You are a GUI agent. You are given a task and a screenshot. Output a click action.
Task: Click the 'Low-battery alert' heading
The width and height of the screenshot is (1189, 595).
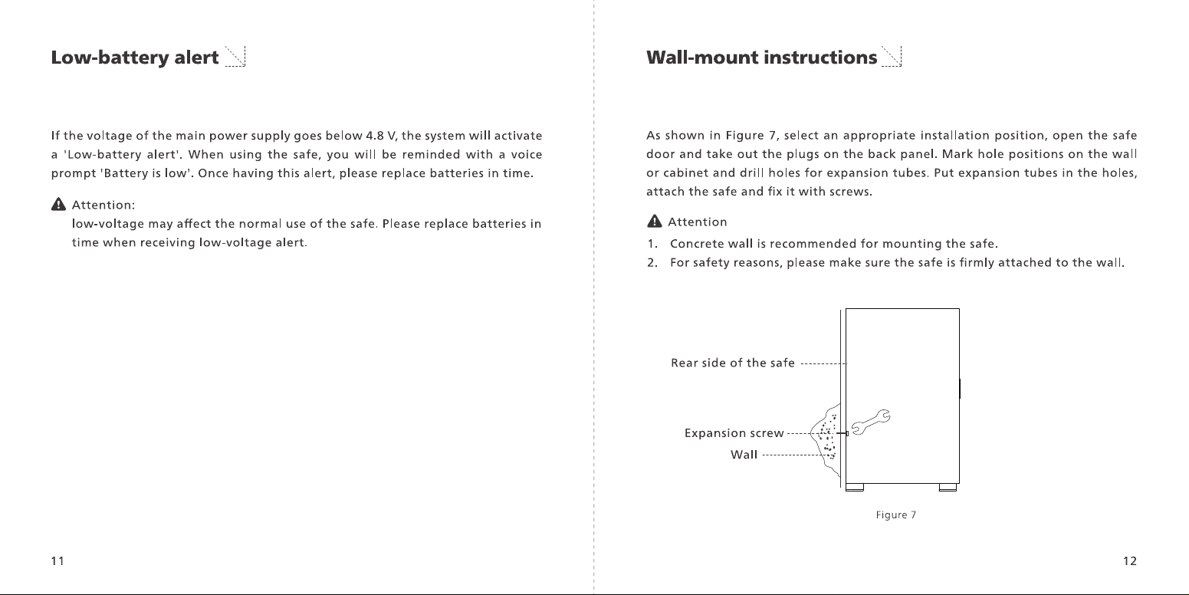(x=135, y=58)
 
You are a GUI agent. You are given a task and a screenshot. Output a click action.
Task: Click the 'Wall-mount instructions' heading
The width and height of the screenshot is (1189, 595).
(x=762, y=58)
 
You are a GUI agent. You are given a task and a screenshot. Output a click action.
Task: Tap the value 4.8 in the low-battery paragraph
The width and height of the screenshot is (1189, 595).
(x=375, y=136)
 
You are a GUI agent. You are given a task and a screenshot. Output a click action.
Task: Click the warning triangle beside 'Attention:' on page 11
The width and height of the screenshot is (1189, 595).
(x=58, y=205)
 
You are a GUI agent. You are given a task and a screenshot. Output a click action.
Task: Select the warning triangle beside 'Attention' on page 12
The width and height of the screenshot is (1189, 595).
(x=655, y=222)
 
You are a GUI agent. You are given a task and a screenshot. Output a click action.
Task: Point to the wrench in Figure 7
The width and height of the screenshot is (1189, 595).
(x=871, y=422)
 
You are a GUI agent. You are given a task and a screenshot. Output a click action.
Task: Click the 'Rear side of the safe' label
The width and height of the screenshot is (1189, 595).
(x=733, y=363)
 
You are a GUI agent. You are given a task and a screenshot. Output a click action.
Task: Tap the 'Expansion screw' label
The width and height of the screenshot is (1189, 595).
(x=734, y=433)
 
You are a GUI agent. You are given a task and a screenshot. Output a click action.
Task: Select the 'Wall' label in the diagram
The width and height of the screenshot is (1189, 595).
(x=744, y=455)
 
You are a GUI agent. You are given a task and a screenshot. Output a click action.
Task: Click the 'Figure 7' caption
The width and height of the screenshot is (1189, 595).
(x=896, y=514)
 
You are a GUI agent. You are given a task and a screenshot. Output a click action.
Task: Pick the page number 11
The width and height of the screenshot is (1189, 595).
(x=57, y=561)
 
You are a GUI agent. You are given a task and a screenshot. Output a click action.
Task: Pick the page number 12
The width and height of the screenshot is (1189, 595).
(x=1129, y=561)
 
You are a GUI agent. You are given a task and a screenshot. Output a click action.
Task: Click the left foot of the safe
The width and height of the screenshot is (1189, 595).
(x=855, y=487)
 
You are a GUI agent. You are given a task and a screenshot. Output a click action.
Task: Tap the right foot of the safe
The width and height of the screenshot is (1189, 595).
(x=948, y=487)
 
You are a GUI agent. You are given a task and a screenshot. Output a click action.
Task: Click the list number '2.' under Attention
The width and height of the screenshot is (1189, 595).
(x=652, y=263)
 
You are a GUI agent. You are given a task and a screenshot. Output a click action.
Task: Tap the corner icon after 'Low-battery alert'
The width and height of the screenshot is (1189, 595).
(x=235, y=56)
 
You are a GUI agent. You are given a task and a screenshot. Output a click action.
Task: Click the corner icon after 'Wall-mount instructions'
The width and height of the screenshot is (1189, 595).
(x=892, y=56)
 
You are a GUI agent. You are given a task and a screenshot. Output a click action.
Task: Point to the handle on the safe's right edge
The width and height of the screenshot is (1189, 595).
(x=960, y=389)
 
